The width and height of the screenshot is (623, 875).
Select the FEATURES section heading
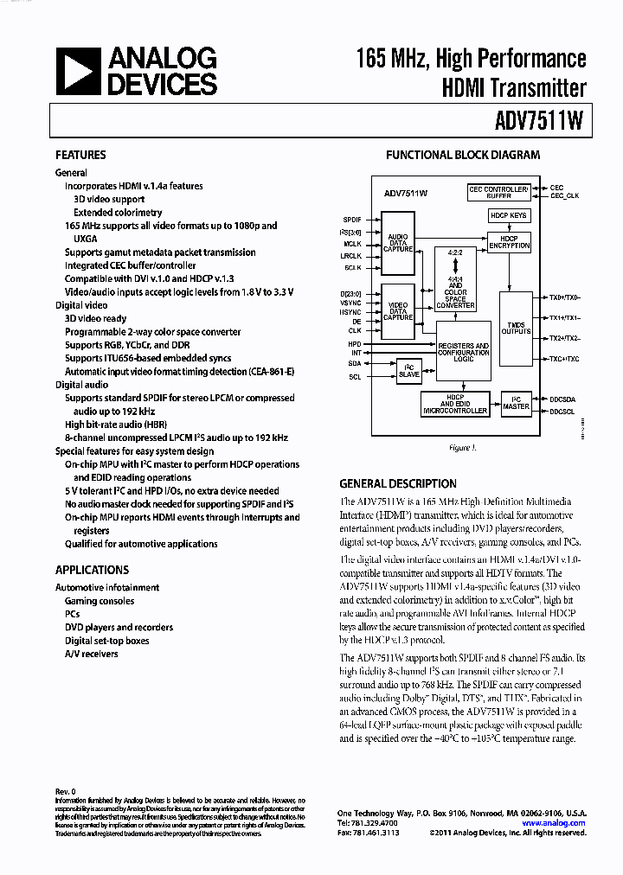point(80,155)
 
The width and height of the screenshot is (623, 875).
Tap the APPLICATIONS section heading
point(92,570)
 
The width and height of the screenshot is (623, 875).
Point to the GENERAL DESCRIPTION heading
point(397,483)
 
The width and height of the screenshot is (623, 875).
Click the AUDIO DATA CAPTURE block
point(398,243)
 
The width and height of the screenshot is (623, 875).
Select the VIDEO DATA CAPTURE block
point(398,310)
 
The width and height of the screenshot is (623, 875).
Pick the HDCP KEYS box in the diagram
point(508,215)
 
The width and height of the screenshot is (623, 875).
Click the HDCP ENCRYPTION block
point(509,243)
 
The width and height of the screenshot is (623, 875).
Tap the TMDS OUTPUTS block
point(516,328)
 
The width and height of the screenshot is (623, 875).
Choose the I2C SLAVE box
point(408,372)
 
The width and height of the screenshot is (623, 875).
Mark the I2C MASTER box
point(516,404)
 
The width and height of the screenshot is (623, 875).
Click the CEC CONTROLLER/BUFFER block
point(498,192)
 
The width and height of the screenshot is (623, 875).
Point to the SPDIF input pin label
point(351,220)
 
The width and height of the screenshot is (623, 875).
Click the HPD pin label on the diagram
point(354,343)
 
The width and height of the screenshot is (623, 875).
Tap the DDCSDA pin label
point(562,399)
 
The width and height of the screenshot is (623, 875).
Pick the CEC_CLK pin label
point(564,196)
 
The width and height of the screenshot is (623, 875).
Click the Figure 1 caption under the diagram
point(461,448)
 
